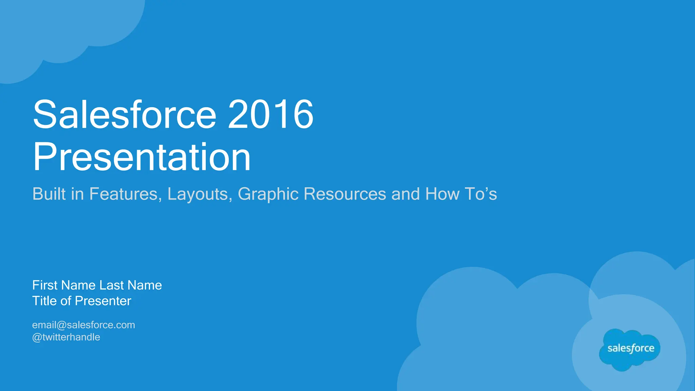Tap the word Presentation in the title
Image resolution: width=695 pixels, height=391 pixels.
[142, 157]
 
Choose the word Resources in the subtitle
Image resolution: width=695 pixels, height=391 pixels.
[344, 194]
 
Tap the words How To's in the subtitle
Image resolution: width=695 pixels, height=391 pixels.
[461, 194]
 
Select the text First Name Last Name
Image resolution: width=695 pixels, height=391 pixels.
[97, 285]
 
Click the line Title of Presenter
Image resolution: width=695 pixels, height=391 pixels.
[81, 301]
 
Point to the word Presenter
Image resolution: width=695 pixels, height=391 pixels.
[103, 301]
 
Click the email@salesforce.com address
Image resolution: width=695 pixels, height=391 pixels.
[83, 325]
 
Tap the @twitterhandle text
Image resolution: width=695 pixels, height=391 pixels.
[66, 337]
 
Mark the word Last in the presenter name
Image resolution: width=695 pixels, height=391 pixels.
[112, 285]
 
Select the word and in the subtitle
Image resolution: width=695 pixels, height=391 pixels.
[406, 194]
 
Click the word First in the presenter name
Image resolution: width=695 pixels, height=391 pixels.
[45, 285]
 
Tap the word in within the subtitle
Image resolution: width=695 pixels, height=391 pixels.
[77, 194]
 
